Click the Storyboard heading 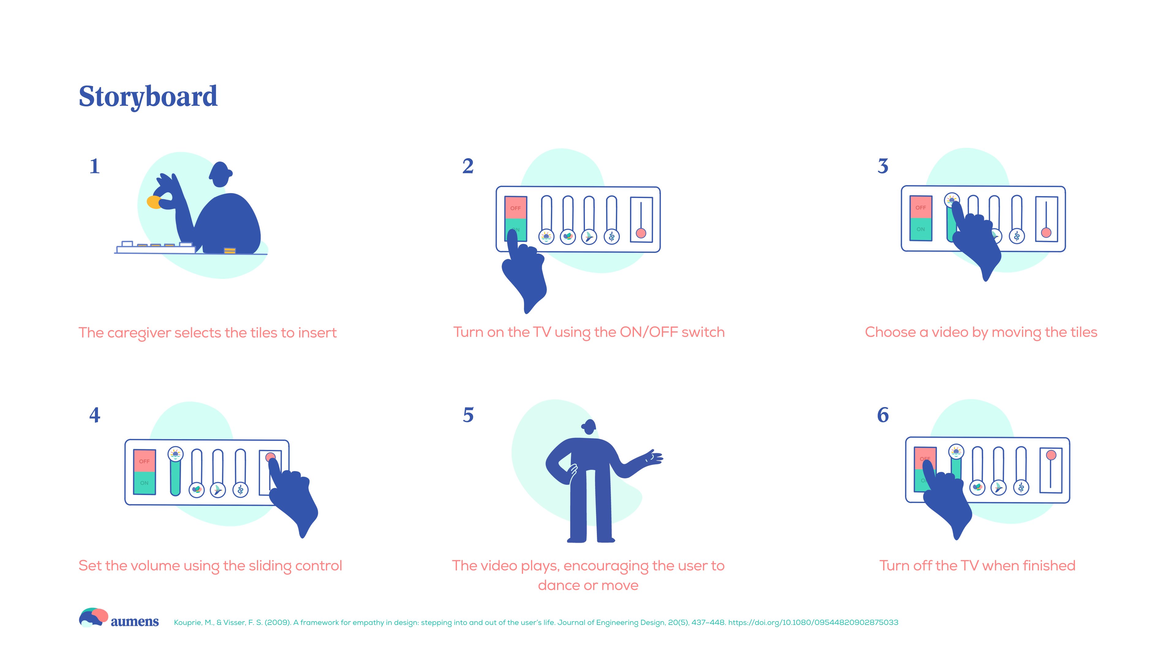pyautogui.click(x=148, y=97)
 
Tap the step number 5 pyautogui.click(x=468, y=415)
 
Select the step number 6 pyautogui.click(x=883, y=415)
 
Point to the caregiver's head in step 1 pyautogui.click(x=221, y=174)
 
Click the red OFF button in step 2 pyautogui.click(x=515, y=208)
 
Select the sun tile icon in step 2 pyautogui.click(x=546, y=237)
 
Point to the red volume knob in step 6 pyautogui.click(x=1051, y=455)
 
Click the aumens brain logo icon pyautogui.click(x=94, y=617)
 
